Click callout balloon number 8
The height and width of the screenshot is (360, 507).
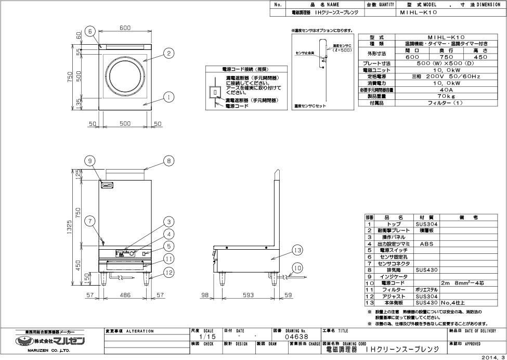(169, 161)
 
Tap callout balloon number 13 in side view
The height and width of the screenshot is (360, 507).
(297, 251)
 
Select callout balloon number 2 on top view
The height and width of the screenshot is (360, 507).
(169, 53)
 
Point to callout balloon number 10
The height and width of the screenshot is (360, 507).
(297, 267)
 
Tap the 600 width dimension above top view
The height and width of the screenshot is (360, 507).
(125, 28)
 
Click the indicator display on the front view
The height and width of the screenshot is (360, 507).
(108, 185)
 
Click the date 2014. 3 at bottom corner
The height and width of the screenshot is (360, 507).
(493, 356)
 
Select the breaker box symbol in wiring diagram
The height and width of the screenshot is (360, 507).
(215, 93)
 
